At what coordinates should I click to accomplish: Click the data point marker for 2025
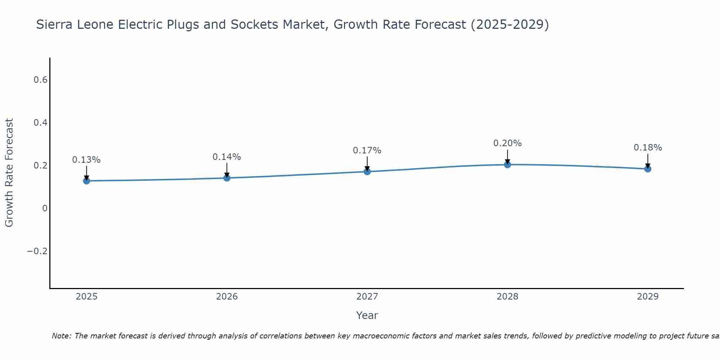(x=86, y=181)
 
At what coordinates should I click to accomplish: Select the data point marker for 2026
(x=227, y=178)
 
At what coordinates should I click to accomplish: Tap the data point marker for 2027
(x=367, y=171)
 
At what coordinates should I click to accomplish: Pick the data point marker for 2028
(x=507, y=165)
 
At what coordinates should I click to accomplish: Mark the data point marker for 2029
(x=648, y=169)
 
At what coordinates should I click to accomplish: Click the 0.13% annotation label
(x=86, y=160)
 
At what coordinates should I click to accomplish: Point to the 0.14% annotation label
(x=227, y=157)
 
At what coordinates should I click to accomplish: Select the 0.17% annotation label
(x=367, y=150)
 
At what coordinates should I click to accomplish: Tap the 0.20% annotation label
(x=507, y=143)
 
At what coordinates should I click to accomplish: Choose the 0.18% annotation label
(x=648, y=148)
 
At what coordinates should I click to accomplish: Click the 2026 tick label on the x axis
(x=227, y=297)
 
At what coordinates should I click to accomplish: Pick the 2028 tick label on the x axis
(x=507, y=297)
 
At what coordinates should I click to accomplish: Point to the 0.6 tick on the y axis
(x=40, y=80)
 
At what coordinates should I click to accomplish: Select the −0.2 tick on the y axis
(x=37, y=251)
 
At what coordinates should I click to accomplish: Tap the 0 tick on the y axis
(x=45, y=208)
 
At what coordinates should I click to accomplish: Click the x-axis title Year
(x=367, y=315)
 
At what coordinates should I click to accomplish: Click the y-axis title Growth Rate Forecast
(x=9, y=173)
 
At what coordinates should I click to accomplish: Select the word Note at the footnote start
(x=61, y=336)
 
